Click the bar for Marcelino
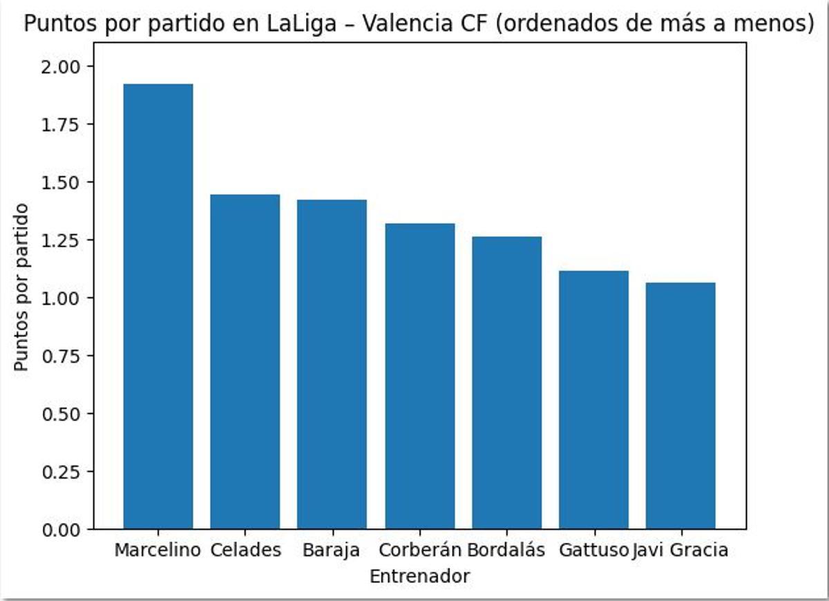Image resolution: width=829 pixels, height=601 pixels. point(158,307)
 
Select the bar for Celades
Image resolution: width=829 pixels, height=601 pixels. point(245,362)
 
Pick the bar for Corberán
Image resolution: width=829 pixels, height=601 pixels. point(419,376)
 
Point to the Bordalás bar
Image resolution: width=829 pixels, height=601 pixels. point(506,383)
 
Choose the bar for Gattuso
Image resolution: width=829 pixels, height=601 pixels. point(593,400)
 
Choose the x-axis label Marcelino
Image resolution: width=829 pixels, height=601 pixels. point(158,551)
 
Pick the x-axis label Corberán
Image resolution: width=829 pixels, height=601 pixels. point(420,551)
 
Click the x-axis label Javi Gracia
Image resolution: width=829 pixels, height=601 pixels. point(680,551)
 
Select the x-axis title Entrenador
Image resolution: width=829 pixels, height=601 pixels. point(419,576)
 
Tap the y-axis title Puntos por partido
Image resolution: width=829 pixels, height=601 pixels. point(22,287)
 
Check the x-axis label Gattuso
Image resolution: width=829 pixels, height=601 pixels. point(594,551)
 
